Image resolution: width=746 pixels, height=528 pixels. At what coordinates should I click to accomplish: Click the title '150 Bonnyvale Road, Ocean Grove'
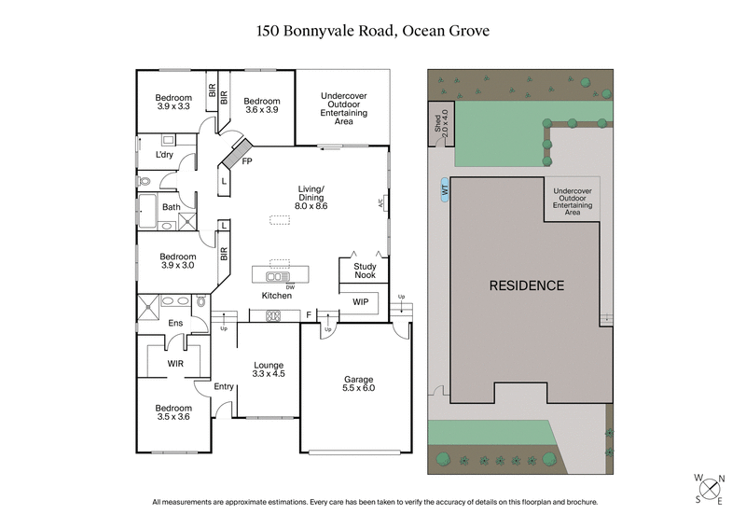point(373,31)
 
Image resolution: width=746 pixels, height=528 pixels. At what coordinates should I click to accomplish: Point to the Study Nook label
point(364,270)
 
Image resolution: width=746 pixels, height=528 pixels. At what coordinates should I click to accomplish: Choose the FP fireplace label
point(247,160)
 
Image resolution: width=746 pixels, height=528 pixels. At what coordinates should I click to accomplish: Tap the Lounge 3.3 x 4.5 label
point(269,368)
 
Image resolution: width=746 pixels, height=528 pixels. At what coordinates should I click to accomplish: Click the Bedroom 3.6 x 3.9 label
point(261,105)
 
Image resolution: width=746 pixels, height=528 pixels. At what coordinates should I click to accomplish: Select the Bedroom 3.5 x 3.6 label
point(173,413)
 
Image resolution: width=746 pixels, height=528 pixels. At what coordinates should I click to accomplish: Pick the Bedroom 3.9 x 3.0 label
point(177,261)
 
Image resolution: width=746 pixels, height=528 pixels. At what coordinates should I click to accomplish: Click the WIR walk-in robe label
point(174,363)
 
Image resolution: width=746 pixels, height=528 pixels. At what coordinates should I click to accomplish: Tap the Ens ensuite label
point(174,323)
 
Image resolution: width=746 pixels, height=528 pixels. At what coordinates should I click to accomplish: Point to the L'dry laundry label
point(166,154)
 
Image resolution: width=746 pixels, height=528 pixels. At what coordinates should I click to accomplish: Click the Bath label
point(172,207)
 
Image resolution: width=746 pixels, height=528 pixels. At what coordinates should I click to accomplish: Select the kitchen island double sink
point(276,276)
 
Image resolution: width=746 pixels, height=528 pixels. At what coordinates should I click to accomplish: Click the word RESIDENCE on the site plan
point(527,285)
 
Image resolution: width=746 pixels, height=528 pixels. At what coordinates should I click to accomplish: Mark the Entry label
point(224,386)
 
